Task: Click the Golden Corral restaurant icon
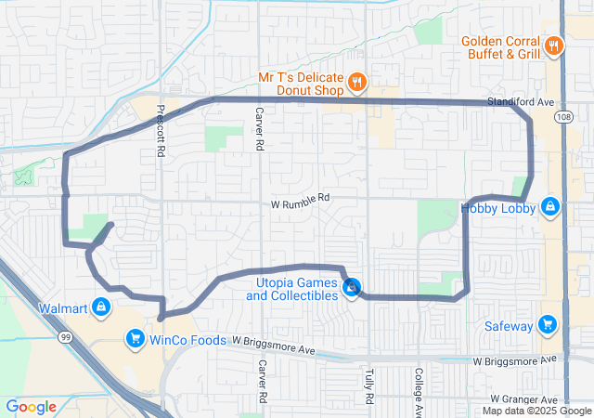(x=553, y=46)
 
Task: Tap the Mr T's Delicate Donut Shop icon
(x=356, y=85)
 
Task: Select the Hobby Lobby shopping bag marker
(x=550, y=206)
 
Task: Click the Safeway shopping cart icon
(x=548, y=324)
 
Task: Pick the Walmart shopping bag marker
(x=101, y=307)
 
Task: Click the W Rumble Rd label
(x=301, y=199)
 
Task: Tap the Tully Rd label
(x=368, y=384)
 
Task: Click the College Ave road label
(x=419, y=392)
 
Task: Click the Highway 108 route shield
(x=565, y=118)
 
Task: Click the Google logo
(x=31, y=407)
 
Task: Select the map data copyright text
(x=536, y=411)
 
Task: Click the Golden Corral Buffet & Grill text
(x=501, y=47)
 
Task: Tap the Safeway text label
(x=509, y=326)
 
